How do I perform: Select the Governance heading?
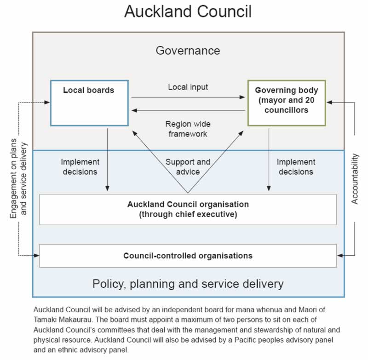(x=188, y=50)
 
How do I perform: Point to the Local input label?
(x=188, y=87)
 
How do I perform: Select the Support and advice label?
(x=188, y=166)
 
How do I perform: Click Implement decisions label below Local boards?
(x=80, y=166)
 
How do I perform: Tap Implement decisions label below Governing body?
(x=296, y=166)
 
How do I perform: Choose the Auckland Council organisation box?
(x=188, y=209)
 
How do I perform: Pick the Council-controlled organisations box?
(x=188, y=256)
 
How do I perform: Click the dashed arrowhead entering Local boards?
(x=47, y=102)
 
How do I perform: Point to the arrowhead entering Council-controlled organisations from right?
(x=340, y=256)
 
